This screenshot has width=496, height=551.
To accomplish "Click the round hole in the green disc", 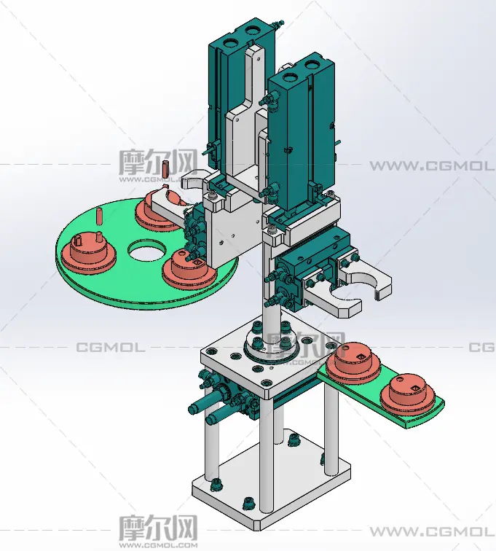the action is (146, 250).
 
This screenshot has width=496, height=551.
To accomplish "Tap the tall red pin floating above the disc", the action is (165, 169).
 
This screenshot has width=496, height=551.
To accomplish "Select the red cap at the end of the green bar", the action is (408, 392).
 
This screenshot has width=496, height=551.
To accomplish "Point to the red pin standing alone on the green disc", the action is (100, 216).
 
